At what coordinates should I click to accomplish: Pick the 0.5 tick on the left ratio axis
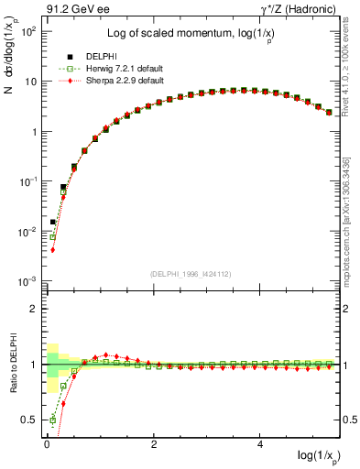coord(31,420)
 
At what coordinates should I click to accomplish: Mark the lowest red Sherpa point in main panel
coord(53,249)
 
